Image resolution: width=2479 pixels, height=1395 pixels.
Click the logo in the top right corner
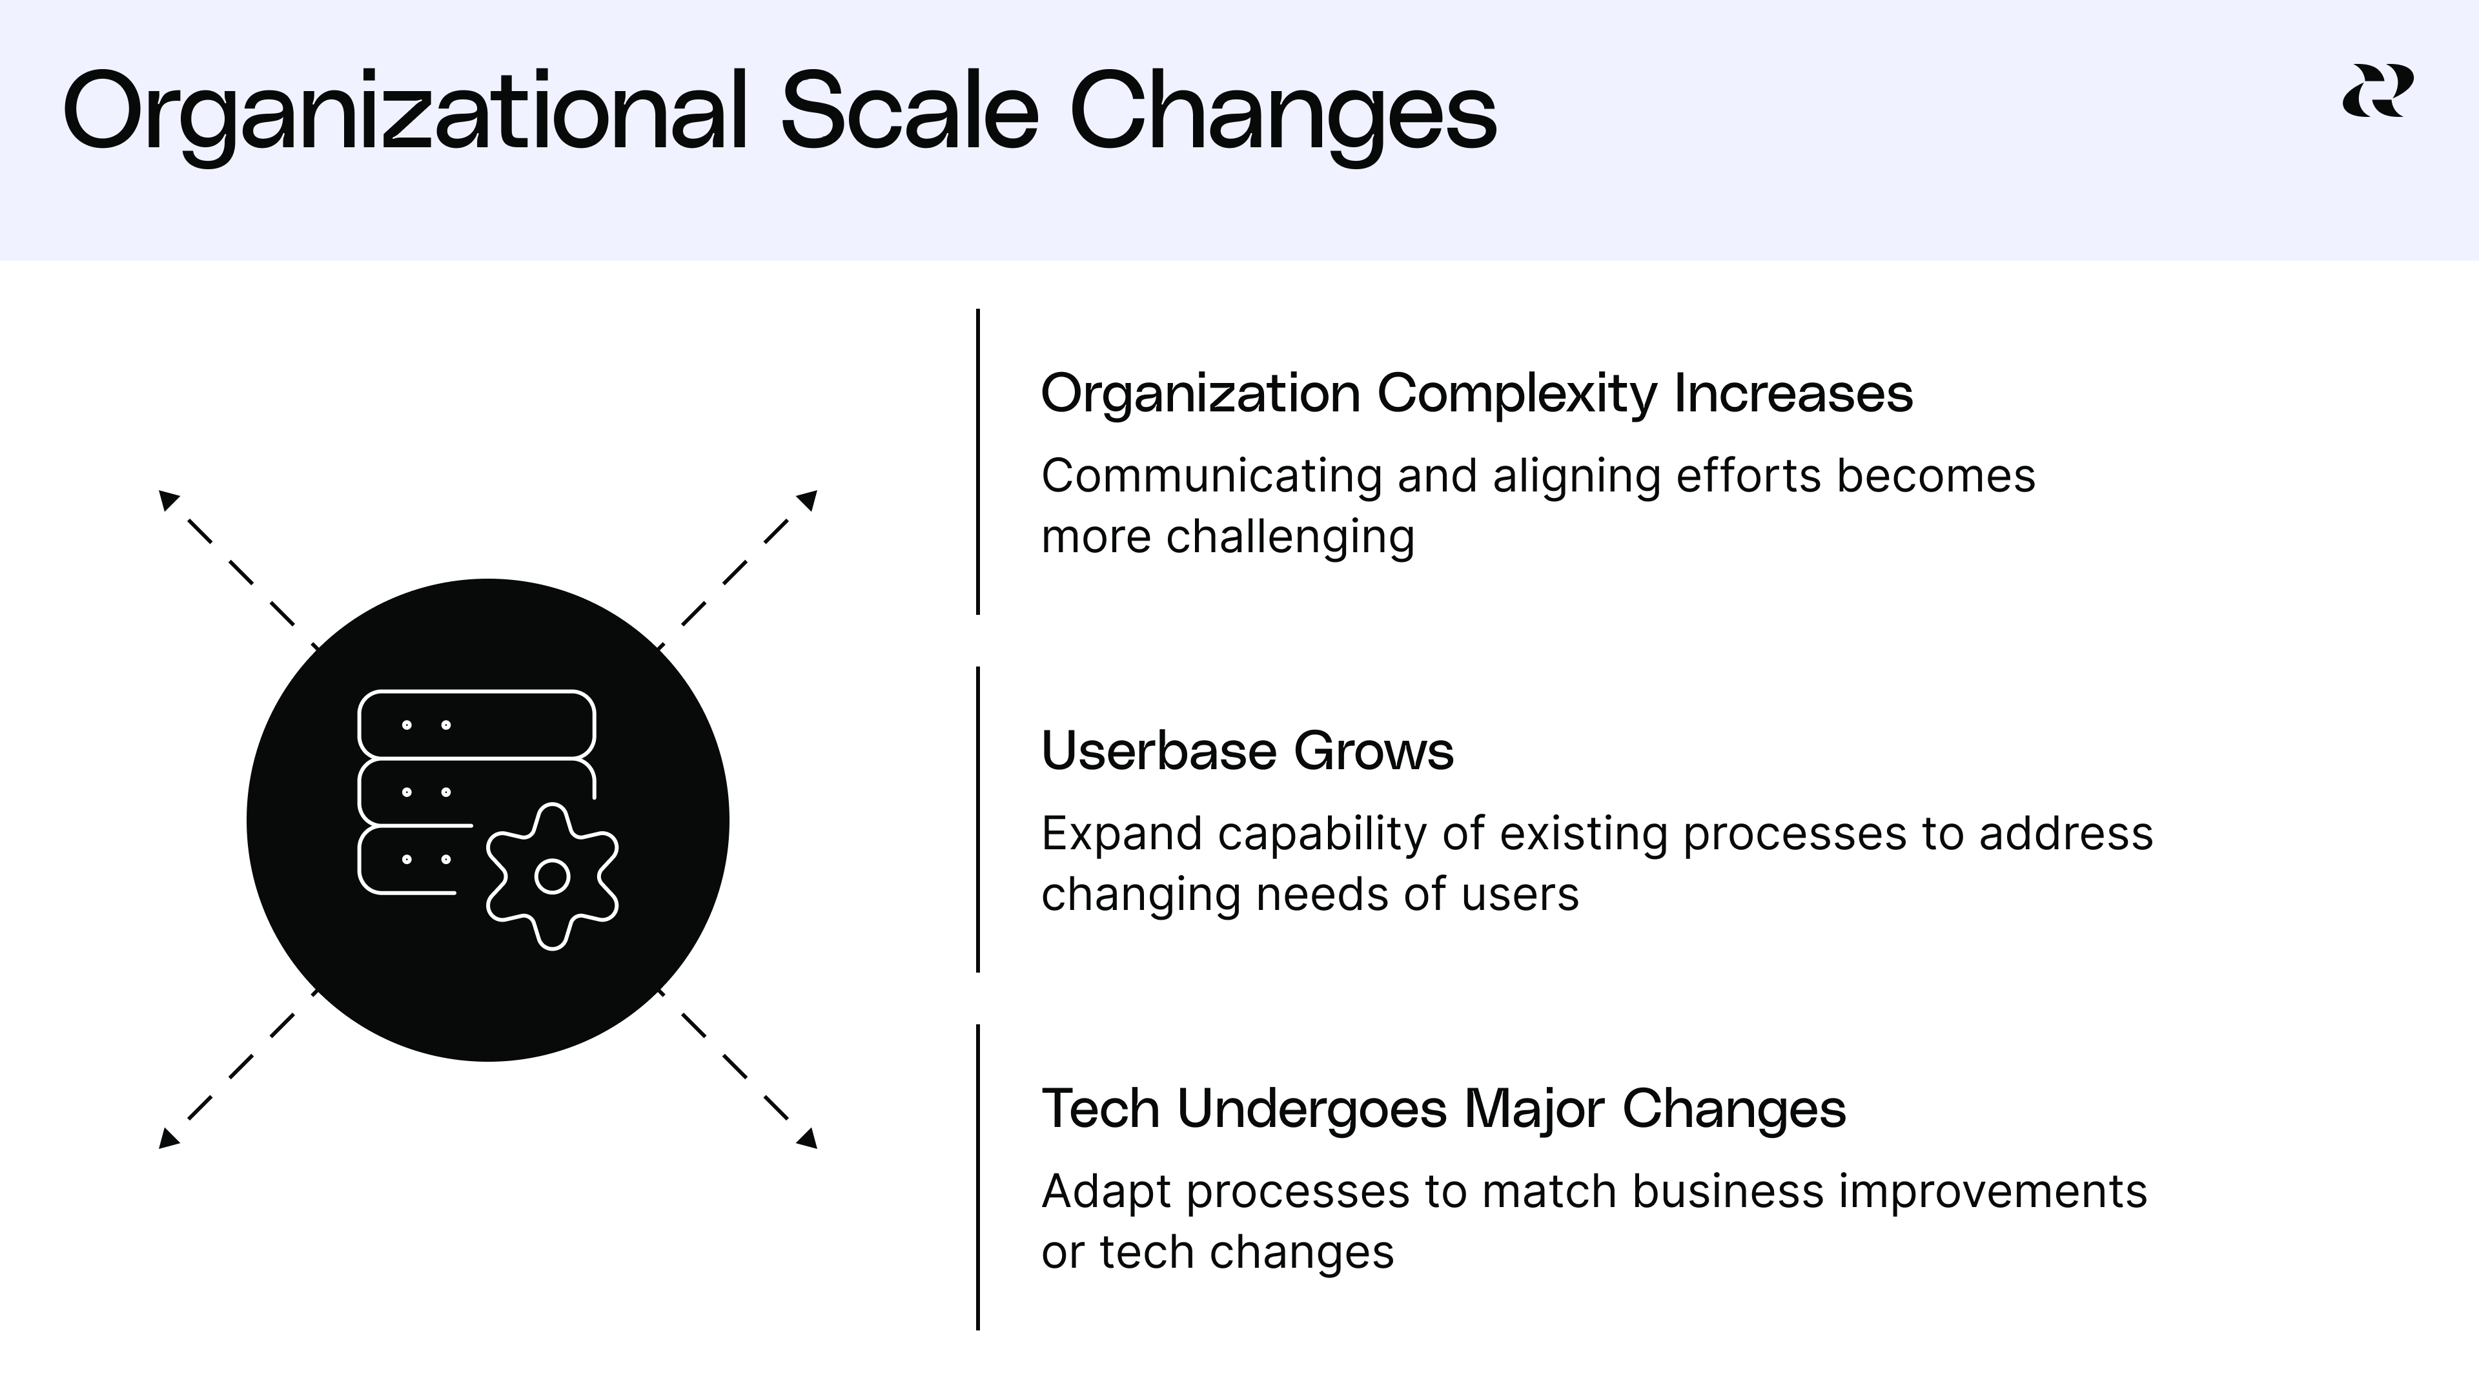pos(2377,92)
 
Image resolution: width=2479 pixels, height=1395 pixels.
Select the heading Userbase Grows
pos(1247,751)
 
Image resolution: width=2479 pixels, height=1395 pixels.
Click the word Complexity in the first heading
pos(1516,395)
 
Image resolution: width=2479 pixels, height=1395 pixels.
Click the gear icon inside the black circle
pos(553,876)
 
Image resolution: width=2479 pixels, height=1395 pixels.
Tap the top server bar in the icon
pos(476,724)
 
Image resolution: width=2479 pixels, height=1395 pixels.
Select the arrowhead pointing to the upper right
pos(808,500)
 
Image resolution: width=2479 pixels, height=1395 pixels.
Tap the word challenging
pos(1290,537)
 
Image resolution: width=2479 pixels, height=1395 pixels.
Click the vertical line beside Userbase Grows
pos(978,818)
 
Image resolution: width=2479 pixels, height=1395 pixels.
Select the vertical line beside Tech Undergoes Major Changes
pos(978,1177)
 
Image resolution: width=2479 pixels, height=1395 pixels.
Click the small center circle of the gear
pos(553,877)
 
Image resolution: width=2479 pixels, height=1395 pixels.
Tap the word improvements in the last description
pos(1992,1192)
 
